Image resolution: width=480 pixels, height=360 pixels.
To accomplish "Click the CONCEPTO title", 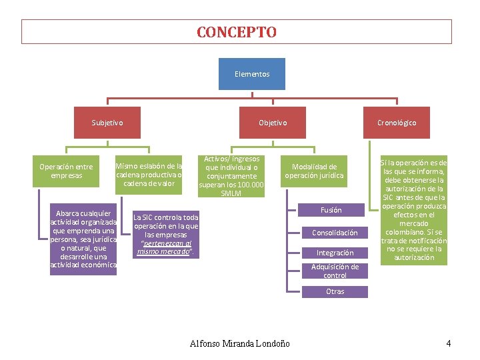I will click(237, 32).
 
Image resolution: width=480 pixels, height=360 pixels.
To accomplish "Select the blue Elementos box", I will click(252, 74).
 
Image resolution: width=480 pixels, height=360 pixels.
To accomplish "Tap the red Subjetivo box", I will click(107, 123).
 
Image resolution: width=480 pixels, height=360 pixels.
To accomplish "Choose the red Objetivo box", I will click(273, 123).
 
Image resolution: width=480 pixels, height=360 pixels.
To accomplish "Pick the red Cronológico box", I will click(397, 123).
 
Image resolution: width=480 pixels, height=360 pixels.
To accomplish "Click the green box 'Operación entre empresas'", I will click(66, 171).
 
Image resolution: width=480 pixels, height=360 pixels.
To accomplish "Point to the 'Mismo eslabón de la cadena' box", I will click(149, 175).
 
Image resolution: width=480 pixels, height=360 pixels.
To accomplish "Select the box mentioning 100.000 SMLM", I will click(231, 176).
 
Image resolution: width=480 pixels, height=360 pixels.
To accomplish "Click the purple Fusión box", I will click(331, 210).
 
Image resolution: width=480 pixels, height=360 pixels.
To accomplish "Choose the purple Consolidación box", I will click(335, 233).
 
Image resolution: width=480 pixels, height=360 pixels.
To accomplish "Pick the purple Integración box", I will click(335, 253).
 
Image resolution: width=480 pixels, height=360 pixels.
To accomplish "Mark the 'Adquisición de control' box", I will click(335, 271).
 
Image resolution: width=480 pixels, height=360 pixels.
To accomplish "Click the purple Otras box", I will click(335, 291).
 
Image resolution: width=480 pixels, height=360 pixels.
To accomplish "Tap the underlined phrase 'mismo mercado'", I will click(163, 251).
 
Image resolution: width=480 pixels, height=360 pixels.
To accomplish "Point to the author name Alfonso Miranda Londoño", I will click(240, 343).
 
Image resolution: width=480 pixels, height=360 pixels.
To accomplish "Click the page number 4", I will click(449, 343).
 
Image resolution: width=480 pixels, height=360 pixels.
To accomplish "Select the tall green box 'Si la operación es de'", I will click(414, 210).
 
